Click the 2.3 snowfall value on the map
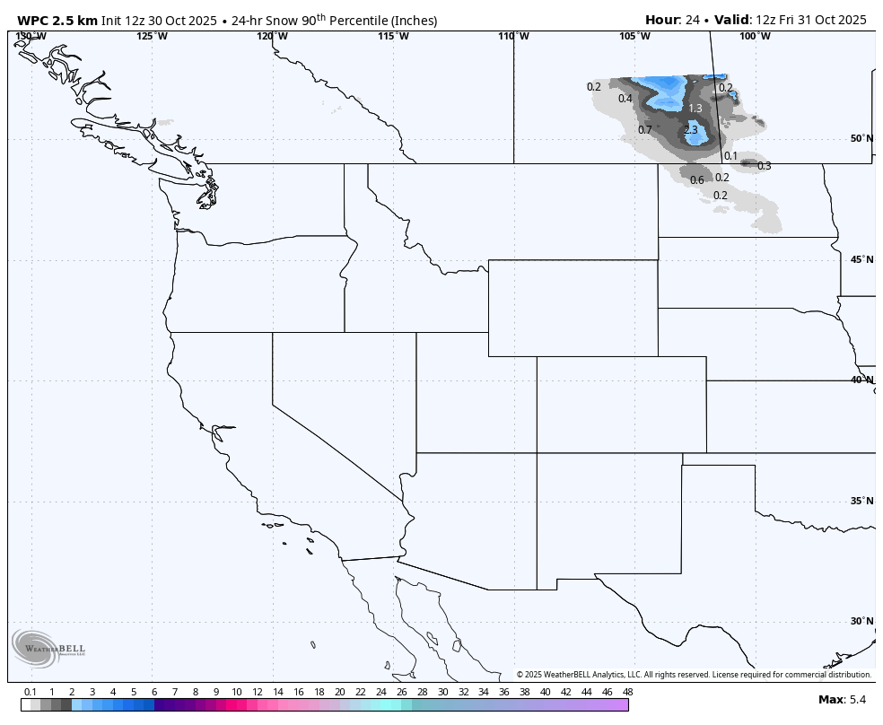click(x=690, y=130)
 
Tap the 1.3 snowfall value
click(x=695, y=109)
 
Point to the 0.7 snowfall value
click(x=645, y=130)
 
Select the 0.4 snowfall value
click(x=625, y=99)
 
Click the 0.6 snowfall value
click(x=697, y=180)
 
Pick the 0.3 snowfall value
click(x=764, y=166)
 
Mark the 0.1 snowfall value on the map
click(x=730, y=156)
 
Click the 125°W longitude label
click(x=152, y=36)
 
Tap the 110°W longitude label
click(x=514, y=36)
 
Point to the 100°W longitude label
click(x=755, y=36)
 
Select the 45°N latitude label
click(x=861, y=260)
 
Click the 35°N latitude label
click(x=861, y=501)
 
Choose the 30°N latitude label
click(x=861, y=621)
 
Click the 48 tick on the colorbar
click(x=627, y=692)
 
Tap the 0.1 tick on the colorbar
click(x=31, y=692)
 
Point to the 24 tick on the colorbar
click(x=381, y=692)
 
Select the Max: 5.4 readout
click(x=842, y=699)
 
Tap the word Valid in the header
click(x=732, y=20)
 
